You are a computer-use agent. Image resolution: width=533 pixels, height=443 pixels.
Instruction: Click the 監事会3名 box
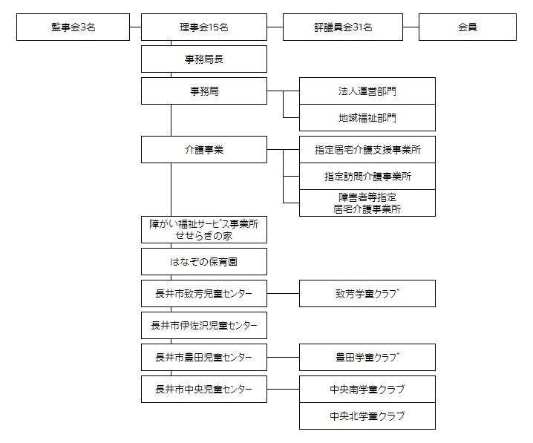pyautogui.click(x=73, y=27)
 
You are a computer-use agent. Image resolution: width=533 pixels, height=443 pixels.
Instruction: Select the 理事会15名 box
pyautogui.click(x=204, y=27)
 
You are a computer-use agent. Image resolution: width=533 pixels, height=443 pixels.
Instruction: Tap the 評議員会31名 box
pyautogui.click(x=343, y=27)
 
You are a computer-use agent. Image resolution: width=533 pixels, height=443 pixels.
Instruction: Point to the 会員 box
pyautogui.click(x=468, y=27)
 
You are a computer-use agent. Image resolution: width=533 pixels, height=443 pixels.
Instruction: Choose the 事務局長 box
pyautogui.click(x=204, y=59)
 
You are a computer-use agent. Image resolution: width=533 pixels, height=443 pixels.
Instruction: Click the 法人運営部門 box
pyautogui.click(x=367, y=91)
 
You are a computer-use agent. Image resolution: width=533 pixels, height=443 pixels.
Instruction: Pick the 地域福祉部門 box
pyautogui.click(x=367, y=117)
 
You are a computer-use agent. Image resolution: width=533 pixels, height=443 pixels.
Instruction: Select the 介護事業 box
pyautogui.click(x=204, y=149)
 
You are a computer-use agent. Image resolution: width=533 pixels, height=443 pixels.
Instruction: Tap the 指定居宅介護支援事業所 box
pyautogui.click(x=367, y=149)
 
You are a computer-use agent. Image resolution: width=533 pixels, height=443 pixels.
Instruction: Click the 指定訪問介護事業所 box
pyautogui.click(x=367, y=177)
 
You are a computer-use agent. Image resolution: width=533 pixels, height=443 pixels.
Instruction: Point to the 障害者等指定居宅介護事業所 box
pyautogui.click(x=367, y=203)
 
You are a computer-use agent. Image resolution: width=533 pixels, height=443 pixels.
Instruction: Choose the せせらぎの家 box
pyautogui.click(x=204, y=229)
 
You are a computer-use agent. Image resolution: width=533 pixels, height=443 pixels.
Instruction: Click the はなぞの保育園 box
pyautogui.click(x=204, y=262)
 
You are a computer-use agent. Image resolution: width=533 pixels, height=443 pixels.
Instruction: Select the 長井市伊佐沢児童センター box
pyautogui.click(x=204, y=326)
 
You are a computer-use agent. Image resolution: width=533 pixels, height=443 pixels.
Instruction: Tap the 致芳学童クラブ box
pyautogui.click(x=367, y=294)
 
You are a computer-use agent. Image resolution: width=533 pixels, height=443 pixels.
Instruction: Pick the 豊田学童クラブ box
pyautogui.click(x=367, y=358)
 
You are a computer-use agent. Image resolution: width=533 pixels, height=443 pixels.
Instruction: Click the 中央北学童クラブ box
pyautogui.click(x=367, y=416)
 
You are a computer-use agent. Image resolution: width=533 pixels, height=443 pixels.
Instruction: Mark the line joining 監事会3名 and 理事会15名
pyautogui.click(x=136, y=27)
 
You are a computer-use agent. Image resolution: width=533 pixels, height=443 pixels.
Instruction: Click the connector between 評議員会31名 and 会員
pyautogui.click(x=411, y=27)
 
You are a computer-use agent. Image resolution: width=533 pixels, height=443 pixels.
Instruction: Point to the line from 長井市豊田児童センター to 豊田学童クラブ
pyautogui.click(x=283, y=358)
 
